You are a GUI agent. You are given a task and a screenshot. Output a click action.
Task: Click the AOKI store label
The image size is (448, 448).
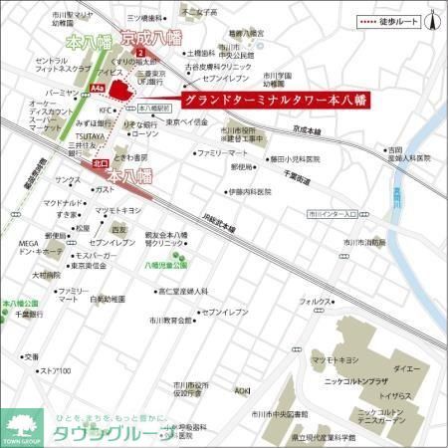point(242,390)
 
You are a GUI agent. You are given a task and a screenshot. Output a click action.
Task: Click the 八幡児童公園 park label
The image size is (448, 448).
point(165,267)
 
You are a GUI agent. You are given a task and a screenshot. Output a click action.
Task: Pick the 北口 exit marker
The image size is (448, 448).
point(99,162)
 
